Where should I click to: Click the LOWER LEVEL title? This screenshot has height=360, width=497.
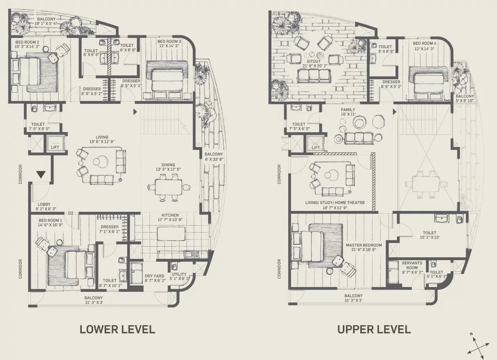coord(117,329)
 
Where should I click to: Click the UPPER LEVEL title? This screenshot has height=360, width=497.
coord(374,329)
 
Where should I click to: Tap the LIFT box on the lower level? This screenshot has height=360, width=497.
coord(55,144)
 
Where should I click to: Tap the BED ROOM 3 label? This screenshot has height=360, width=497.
coord(169,42)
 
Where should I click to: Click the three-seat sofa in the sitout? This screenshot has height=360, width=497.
coord(314,75)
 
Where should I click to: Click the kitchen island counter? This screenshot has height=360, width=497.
coord(171,233)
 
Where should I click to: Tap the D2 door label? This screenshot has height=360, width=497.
coord(71,213)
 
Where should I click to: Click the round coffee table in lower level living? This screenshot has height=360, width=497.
coord(99,161)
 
